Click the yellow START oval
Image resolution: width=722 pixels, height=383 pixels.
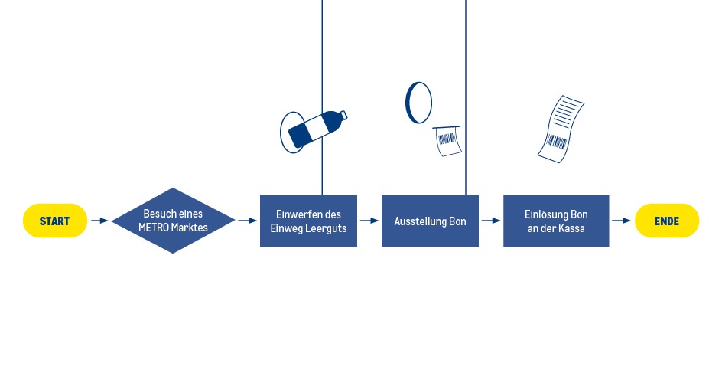pos(55,221)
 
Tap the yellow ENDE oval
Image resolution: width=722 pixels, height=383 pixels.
pos(667,221)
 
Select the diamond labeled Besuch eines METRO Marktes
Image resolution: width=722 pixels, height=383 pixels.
pos(174,221)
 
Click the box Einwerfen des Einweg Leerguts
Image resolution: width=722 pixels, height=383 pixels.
pos(308,221)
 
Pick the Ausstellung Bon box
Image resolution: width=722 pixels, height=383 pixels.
pos(430,221)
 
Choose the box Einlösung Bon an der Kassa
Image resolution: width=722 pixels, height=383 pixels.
pos(556,221)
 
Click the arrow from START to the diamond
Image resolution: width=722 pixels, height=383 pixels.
pos(99,221)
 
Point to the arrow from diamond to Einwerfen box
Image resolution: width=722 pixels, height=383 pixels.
pos(247,221)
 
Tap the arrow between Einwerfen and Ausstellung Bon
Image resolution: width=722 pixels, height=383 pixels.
pos(369,221)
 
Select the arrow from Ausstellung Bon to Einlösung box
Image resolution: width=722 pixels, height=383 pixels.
pos(491,221)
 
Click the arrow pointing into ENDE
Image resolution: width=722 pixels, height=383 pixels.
pos(622,221)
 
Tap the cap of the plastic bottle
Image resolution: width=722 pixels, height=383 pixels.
pos(343,115)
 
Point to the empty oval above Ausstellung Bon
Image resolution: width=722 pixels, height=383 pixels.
pos(418,103)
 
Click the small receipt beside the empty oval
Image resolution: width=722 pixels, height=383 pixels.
pos(447,141)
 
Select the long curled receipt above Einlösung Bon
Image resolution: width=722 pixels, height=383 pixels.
pos(560,129)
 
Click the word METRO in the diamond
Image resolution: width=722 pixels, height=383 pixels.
pos(156,228)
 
